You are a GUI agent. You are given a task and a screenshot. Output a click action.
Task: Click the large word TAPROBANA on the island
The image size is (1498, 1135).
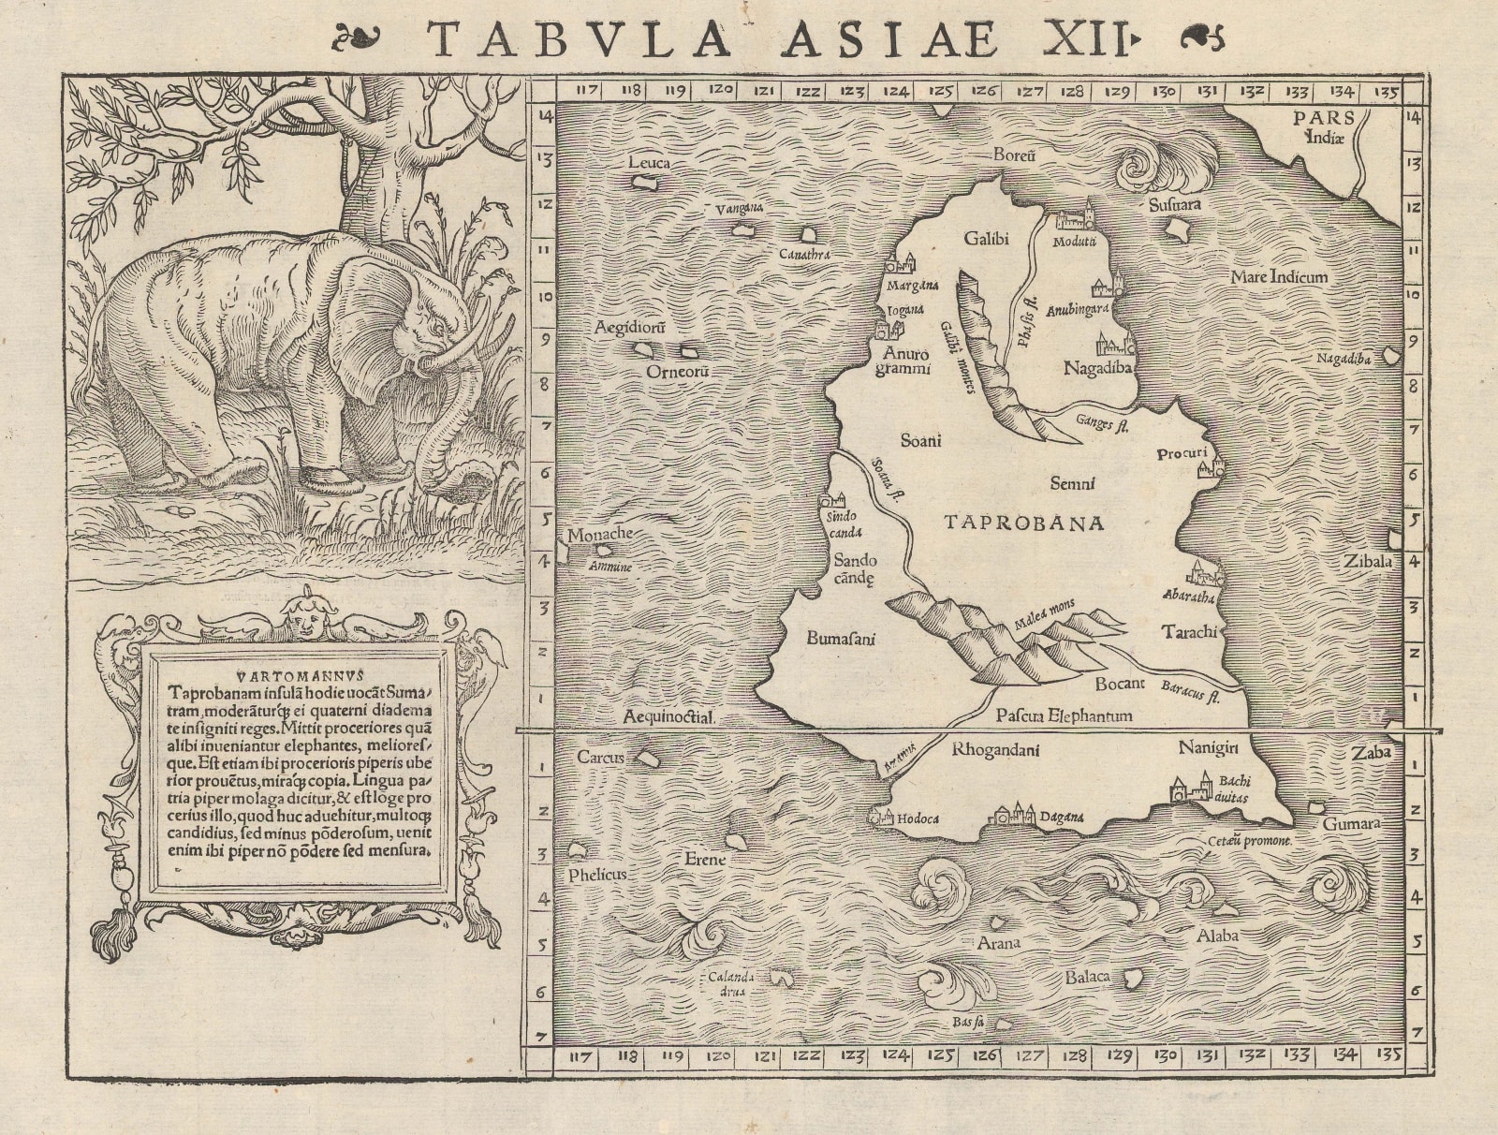tap(1024, 523)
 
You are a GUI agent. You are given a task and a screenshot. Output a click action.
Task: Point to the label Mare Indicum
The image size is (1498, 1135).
tap(1279, 277)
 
